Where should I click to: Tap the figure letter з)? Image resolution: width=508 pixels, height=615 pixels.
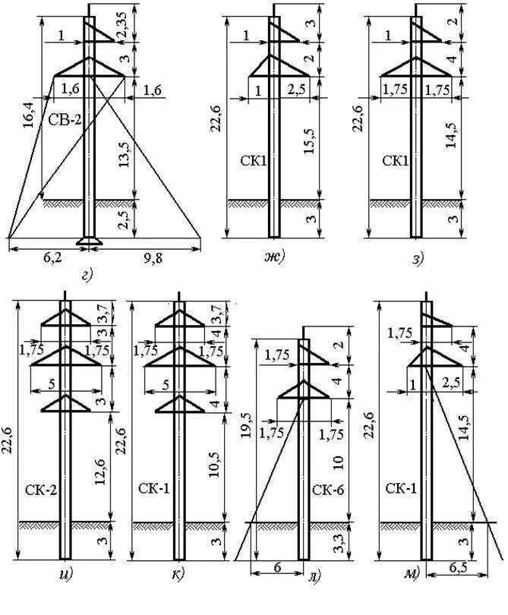click(418, 260)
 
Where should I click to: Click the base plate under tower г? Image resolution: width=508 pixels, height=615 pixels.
click(89, 243)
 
